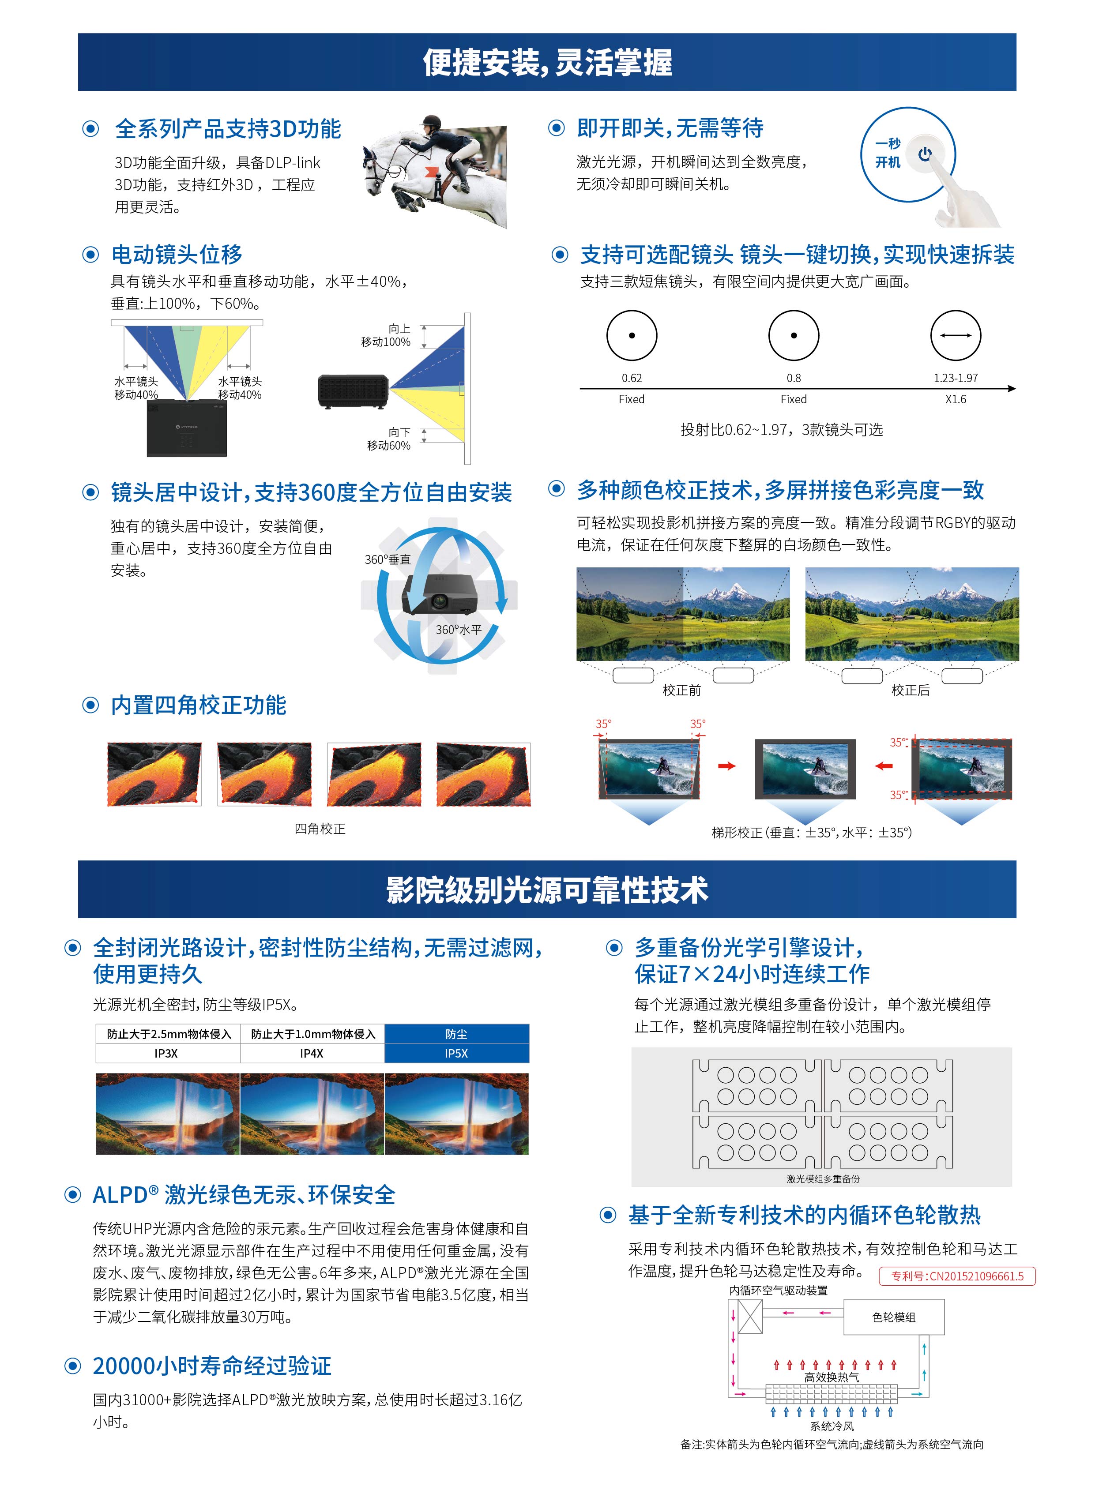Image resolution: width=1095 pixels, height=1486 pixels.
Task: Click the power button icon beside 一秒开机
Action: tap(926, 154)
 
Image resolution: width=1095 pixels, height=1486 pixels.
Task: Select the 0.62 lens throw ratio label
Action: tap(632, 378)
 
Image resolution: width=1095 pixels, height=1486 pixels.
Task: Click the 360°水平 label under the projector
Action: tap(459, 629)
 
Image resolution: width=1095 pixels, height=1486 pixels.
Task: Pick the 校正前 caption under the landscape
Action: tap(681, 690)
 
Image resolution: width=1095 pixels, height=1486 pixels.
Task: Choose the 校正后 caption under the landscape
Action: tap(910, 690)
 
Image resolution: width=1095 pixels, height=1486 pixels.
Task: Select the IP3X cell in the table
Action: tap(166, 1053)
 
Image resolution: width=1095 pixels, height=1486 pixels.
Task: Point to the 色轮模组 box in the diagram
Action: tap(893, 1317)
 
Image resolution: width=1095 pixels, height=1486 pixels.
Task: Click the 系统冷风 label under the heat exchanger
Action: tap(832, 1426)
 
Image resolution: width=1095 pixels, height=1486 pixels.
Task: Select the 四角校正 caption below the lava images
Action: tap(320, 829)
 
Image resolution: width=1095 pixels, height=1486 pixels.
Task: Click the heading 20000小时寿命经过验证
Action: tap(212, 1366)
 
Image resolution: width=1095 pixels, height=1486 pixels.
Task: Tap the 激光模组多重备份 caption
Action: tap(823, 1178)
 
